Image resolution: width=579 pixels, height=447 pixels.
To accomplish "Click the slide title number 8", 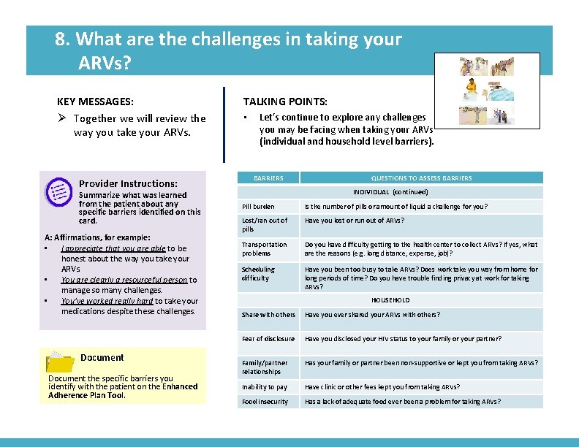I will [x=61, y=39].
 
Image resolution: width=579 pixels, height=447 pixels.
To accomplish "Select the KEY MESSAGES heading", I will [x=95, y=102].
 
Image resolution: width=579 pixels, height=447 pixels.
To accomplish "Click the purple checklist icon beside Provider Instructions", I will [x=57, y=191].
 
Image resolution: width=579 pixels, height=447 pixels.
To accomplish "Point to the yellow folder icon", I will [x=60, y=361].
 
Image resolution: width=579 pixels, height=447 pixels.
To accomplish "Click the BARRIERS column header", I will [x=268, y=177].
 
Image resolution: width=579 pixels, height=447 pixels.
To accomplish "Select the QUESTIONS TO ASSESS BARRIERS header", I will [x=421, y=177].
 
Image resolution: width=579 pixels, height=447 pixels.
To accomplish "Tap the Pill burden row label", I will [x=258, y=207].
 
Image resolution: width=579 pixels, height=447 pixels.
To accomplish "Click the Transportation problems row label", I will [x=264, y=249].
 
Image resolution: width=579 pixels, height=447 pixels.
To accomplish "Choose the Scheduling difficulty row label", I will [x=259, y=273].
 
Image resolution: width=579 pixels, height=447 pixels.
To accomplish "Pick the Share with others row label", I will [x=268, y=315].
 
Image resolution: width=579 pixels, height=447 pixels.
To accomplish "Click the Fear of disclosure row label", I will [x=268, y=339].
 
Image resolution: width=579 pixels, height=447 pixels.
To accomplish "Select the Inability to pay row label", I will [x=265, y=387].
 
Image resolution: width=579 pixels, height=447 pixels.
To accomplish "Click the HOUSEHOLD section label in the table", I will [x=390, y=300].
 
